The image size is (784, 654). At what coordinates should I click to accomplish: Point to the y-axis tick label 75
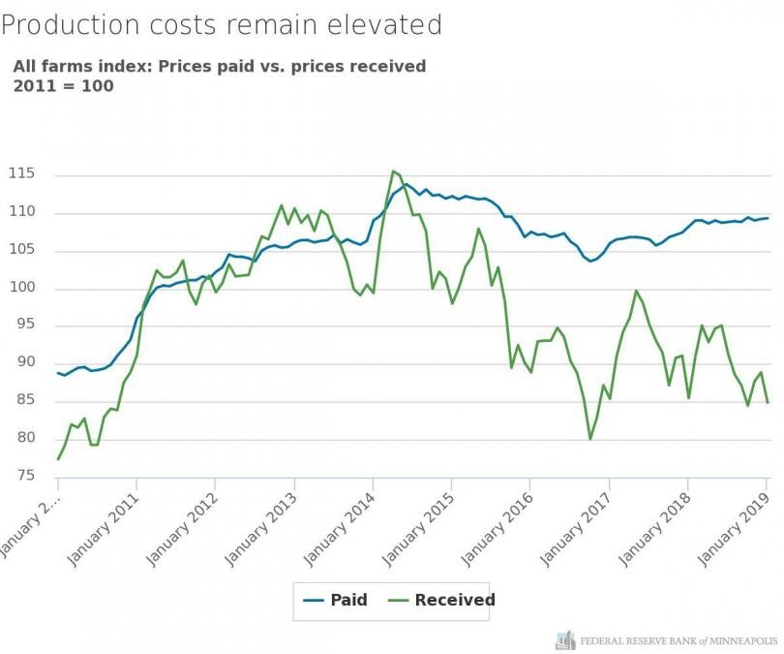(x=33, y=476)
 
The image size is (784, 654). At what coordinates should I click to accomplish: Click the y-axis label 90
(x=33, y=362)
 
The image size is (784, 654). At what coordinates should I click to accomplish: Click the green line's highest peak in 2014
(x=393, y=171)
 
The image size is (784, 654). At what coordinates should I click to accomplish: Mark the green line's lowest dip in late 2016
(x=590, y=439)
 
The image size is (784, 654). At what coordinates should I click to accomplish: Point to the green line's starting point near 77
(x=58, y=458)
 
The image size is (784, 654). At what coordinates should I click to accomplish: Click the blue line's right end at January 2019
(x=768, y=217)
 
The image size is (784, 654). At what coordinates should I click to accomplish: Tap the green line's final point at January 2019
(x=768, y=402)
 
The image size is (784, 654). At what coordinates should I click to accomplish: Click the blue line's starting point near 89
(x=58, y=372)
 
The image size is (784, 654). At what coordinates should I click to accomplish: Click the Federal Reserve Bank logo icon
(x=565, y=639)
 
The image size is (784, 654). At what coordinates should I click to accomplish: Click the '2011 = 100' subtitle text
(x=63, y=85)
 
